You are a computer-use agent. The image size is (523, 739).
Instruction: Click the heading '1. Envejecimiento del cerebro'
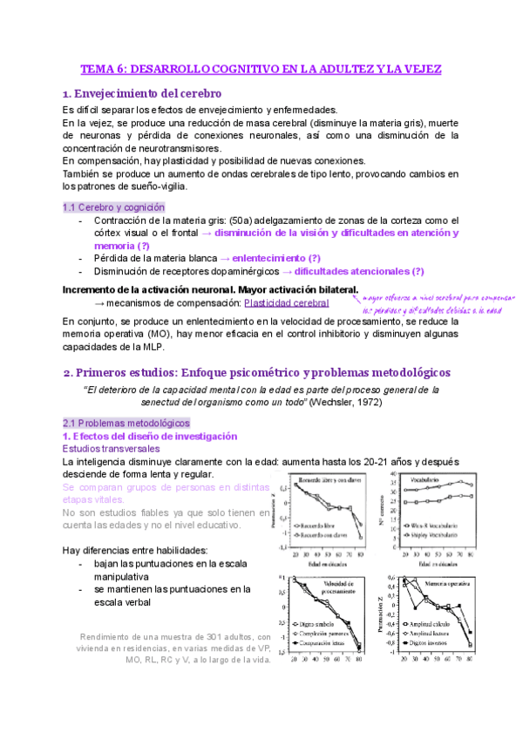pyautogui.click(x=142, y=93)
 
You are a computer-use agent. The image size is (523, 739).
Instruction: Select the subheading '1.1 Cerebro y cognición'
pyautogui.click(x=113, y=207)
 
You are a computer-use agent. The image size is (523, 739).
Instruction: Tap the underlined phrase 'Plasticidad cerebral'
pyautogui.click(x=287, y=302)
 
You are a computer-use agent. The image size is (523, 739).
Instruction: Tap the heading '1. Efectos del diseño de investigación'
pyautogui.click(x=149, y=436)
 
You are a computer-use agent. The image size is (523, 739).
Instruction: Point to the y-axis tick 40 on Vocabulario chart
pyautogui.click(x=392, y=476)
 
